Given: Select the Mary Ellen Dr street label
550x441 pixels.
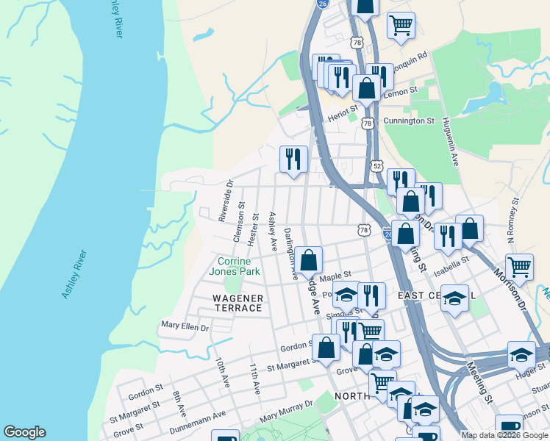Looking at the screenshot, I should [185, 326].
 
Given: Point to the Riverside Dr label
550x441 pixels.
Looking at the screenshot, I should [226, 201].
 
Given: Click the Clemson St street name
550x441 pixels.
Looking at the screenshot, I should [238, 224].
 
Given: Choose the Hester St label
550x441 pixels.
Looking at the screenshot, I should [254, 229].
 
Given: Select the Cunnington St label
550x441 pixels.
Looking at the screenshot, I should [410, 121].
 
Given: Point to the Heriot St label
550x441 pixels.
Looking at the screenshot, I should [342, 109].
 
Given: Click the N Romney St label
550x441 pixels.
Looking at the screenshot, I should [513, 220].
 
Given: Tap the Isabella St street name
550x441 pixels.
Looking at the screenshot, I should [451, 261].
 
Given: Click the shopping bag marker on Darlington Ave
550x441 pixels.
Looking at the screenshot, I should [310, 259].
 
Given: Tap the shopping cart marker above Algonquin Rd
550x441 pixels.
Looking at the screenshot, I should [401, 25].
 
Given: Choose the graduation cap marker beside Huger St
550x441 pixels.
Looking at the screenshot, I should [521, 356].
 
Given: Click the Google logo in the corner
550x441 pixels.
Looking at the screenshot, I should [24, 432].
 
